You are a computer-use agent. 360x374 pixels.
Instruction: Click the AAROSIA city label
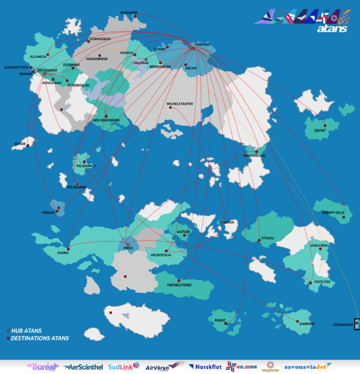click(203, 44)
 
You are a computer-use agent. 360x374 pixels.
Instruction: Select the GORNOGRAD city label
click(100, 39)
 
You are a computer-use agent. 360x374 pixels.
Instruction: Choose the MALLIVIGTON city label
click(255, 155)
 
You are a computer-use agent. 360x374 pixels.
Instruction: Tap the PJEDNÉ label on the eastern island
click(319, 131)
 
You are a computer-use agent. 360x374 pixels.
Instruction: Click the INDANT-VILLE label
click(333, 213)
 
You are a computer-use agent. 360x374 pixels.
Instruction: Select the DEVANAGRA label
click(343, 324)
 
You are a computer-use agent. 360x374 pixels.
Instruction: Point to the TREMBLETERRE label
click(179, 285)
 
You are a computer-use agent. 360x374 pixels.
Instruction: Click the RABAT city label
click(220, 320)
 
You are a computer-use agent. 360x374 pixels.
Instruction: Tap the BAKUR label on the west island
click(19, 144)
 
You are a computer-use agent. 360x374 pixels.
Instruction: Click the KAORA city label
click(62, 253)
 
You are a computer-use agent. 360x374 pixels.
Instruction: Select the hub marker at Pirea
click(129, 244)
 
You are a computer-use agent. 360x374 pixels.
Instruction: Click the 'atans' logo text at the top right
click(332, 28)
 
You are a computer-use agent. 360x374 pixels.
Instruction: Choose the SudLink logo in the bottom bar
click(124, 367)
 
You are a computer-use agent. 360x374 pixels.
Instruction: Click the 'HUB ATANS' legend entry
click(26, 330)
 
